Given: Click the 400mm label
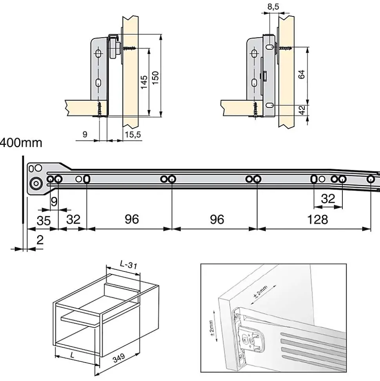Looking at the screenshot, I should (20, 143).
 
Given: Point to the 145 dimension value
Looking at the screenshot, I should (144, 82).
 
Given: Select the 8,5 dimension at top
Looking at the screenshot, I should (273, 6).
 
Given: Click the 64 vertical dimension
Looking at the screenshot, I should (301, 74).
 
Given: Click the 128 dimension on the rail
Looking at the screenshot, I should (317, 219).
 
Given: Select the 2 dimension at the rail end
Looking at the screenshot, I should (40, 240).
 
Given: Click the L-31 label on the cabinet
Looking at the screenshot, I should (128, 266).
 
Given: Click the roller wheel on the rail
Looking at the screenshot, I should (36, 183).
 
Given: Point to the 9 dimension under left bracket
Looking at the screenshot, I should (85, 135).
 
